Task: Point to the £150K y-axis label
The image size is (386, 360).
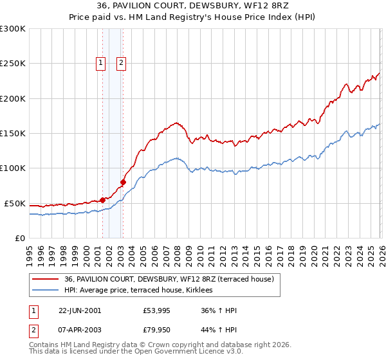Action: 13,134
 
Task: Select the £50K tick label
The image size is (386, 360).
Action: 15,203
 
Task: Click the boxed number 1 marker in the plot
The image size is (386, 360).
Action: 102,63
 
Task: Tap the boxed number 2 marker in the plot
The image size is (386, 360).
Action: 122,63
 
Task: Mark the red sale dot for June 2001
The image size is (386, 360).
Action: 102,200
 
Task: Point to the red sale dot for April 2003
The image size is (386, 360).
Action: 123,182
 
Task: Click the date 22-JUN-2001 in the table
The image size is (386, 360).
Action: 80,310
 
